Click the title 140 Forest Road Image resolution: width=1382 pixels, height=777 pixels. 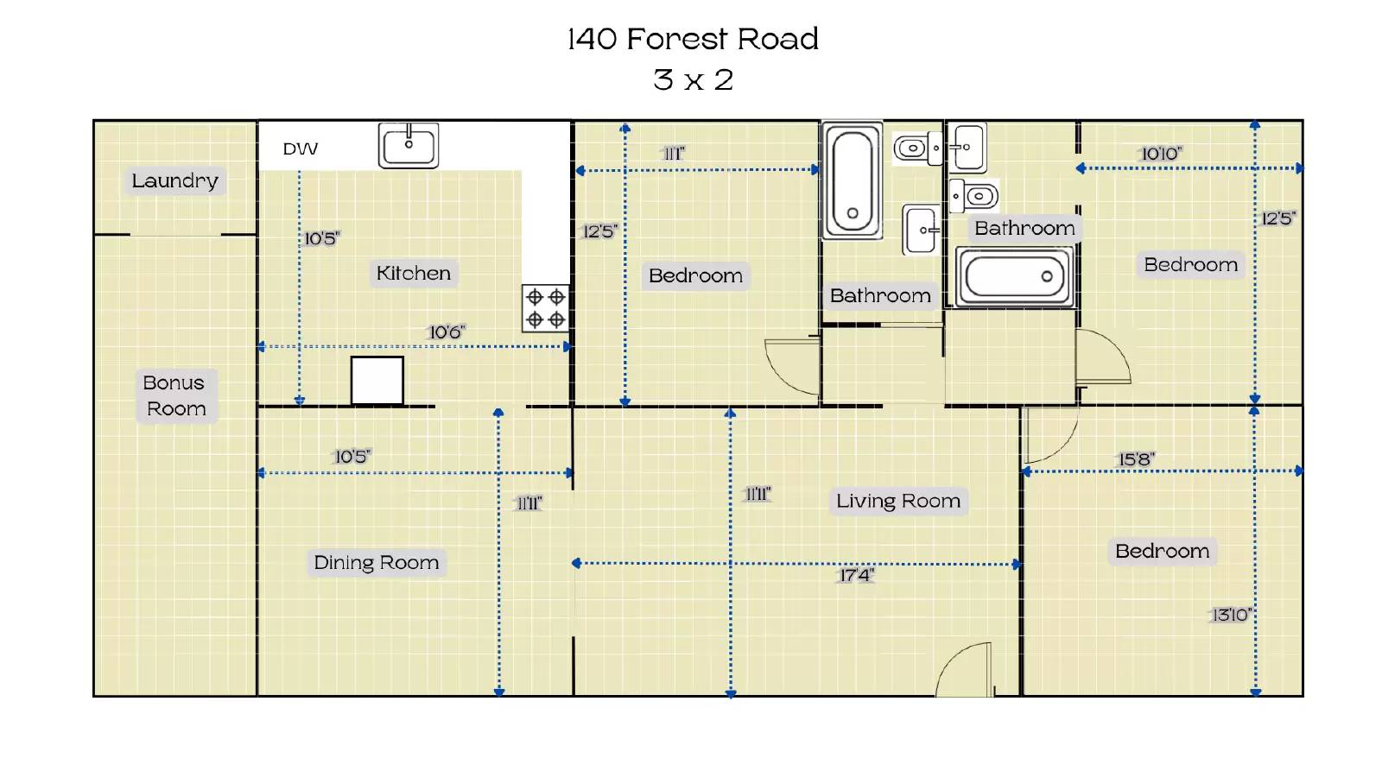pos(693,39)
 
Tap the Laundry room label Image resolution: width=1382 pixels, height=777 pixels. pos(175,180)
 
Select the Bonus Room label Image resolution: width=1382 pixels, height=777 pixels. pos(175,395)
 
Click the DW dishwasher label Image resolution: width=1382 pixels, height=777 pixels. pos(301,148)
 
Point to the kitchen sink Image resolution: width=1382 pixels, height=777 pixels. pos(409,146)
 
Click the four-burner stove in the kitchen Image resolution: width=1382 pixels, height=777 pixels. pos(545,308)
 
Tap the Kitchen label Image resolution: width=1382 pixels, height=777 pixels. pos(414,273)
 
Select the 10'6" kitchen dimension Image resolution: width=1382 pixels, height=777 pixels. pos(447,332)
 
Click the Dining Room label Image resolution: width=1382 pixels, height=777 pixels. pos(377,562)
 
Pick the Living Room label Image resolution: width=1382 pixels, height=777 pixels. pos(898,501)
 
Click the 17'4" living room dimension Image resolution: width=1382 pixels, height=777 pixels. pos(856,575)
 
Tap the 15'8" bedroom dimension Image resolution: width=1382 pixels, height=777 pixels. pos(1137,459)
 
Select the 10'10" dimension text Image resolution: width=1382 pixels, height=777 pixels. pos(1161,154)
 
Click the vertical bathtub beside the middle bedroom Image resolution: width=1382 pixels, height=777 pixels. pos(852,180)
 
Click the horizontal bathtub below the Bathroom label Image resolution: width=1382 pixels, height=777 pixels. pos(1015,276)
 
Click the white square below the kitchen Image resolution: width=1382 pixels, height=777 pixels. pos(377,381)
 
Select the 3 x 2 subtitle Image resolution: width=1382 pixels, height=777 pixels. pos(693,80)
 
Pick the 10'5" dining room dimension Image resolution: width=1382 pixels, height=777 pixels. pos(352,457)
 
